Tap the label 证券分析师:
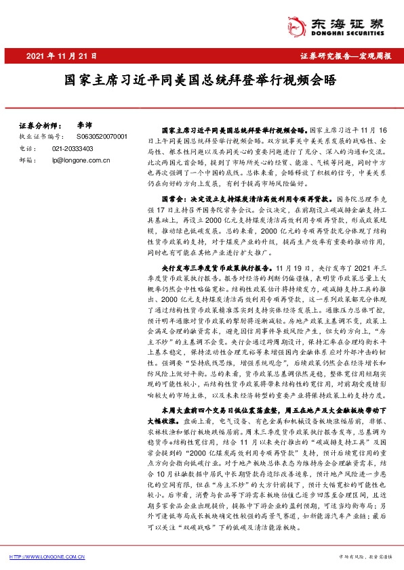[38, 127]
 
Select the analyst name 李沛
[84, 127]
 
